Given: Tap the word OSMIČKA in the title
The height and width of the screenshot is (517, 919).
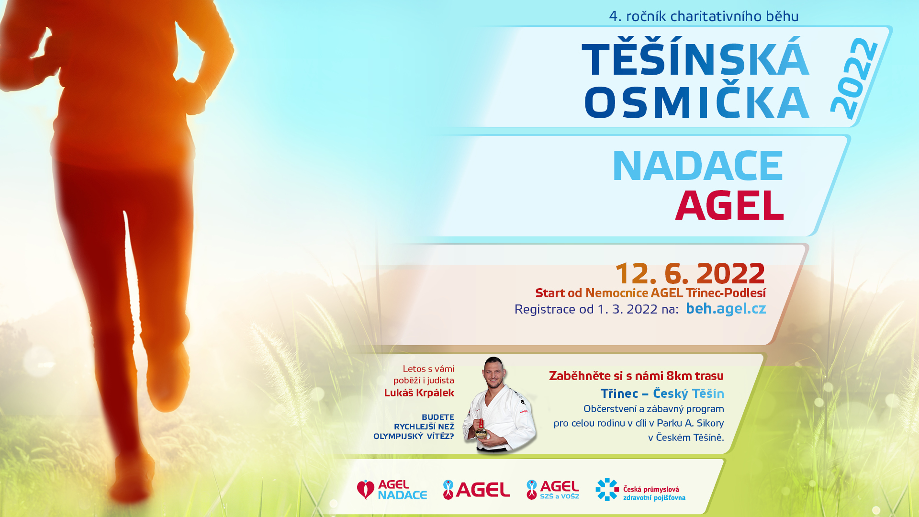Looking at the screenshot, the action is [696, 102].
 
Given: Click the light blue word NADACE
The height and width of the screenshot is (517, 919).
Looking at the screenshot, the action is [698, 166].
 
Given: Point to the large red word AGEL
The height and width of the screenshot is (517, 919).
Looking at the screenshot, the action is [729, 205].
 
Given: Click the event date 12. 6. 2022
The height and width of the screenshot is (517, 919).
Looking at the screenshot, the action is [690, 273].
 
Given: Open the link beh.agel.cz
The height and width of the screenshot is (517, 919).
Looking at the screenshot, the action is [726, 309].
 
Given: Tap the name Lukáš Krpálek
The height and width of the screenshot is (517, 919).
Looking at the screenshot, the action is [419, 393].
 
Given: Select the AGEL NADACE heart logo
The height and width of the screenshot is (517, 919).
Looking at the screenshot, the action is [392, 490].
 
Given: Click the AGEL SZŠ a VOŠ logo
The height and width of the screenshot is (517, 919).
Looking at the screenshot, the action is [553, 490].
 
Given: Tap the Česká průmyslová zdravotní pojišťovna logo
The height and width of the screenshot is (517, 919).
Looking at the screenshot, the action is [640, 490].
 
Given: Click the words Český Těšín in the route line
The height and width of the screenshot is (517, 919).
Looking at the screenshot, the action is [688, 393].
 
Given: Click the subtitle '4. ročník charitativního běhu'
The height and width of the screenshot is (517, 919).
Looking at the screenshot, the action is [704, 16].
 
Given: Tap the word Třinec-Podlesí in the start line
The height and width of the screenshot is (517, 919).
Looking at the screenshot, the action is [726, 293].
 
